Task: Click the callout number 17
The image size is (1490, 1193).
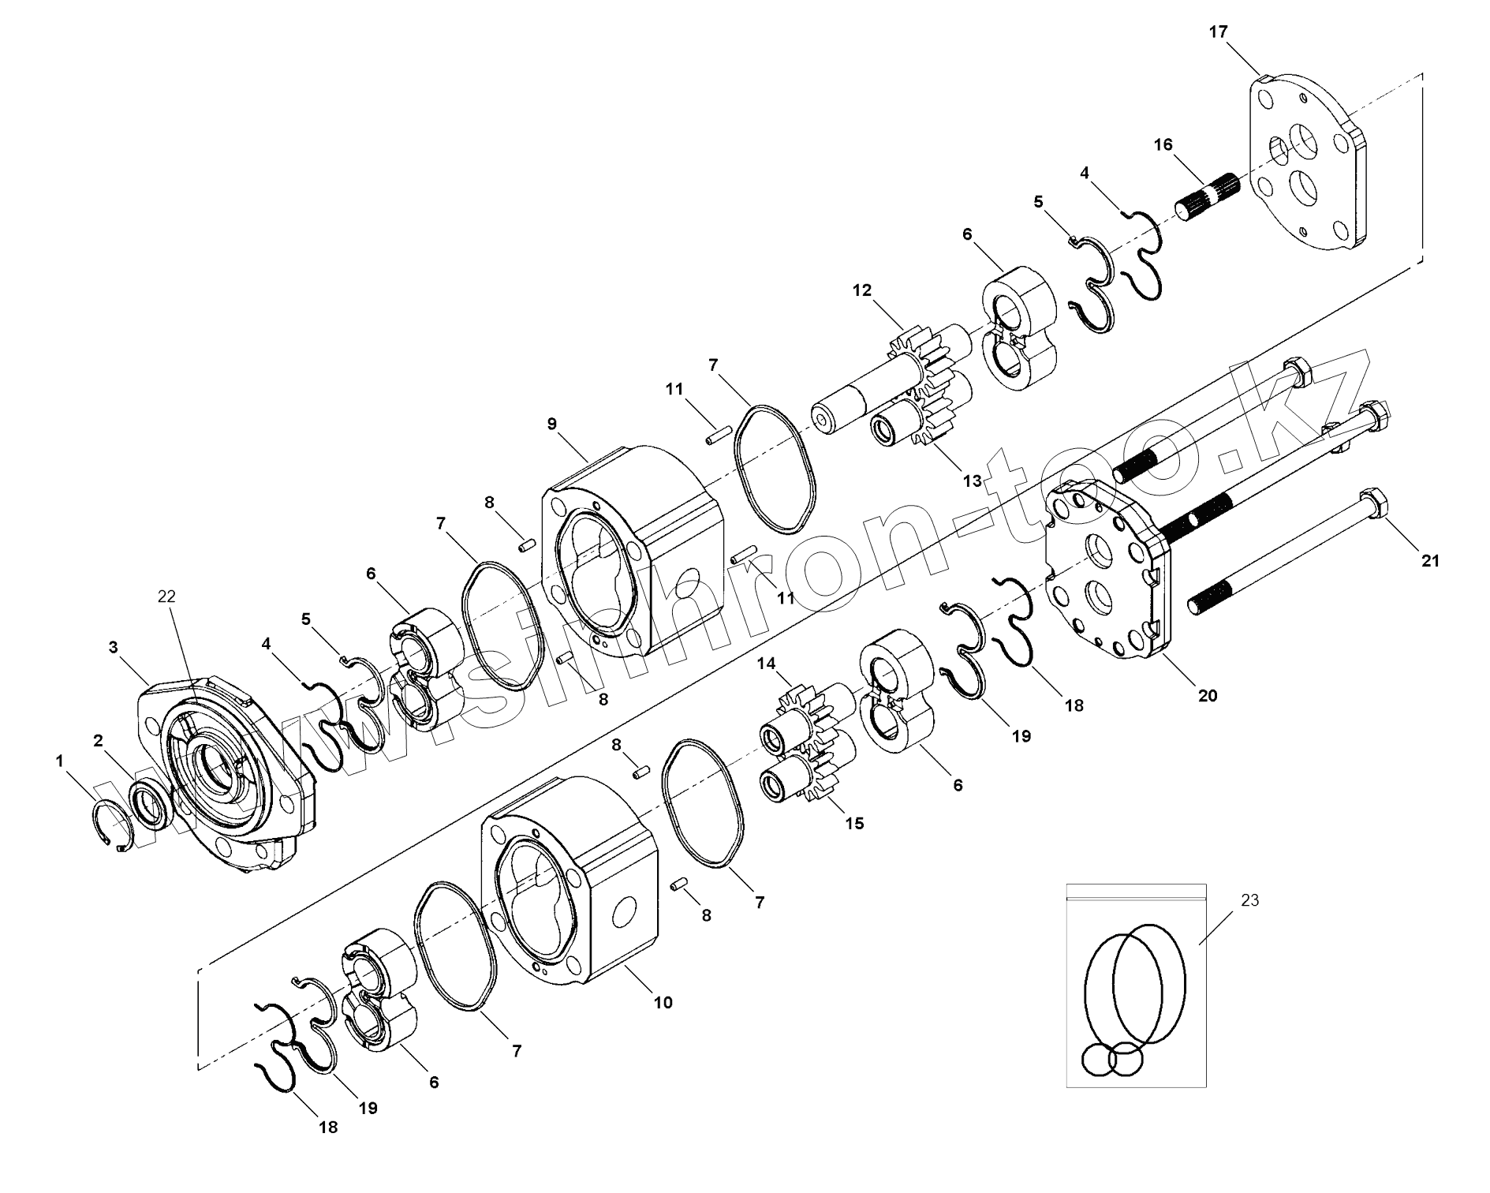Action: coord(1218,32)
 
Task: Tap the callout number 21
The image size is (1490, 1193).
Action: coord(1430,561)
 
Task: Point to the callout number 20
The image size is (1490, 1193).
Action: coord(1208,695)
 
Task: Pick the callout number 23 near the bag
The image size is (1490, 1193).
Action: coord(1249,900)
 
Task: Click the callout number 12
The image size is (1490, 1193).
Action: coord(862,290)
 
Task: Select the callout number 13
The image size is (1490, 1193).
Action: coord(972,481)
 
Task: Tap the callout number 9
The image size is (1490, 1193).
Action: coord(552,424)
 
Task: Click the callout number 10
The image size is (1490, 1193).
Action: coord(663,1003)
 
